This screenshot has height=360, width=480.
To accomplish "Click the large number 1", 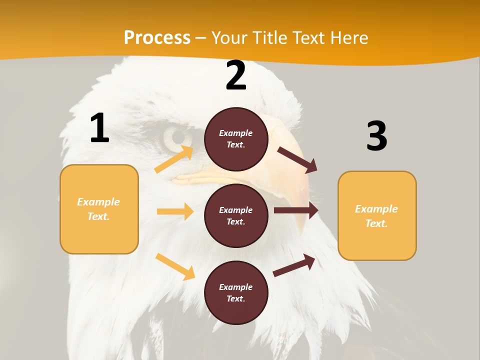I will pyautogui.click(x=99, y=128).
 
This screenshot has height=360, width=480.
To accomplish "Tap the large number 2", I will pyautogui.click(x=236, y=76).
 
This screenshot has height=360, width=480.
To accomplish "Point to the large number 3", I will pyautogui.click(x=376, y=136).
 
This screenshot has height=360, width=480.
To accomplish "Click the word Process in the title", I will pyautogui.click(x=157, y=37).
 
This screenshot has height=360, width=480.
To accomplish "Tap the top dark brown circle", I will pyautogui.click(x=236, y=139).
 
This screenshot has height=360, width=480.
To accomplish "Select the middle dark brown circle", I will pyautogui.click(x=236, y=215).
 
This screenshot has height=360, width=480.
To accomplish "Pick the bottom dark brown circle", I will pyautogui.click(x=236, y=292).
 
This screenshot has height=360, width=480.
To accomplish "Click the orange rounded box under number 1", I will pyautogui.click(x=99, y=209).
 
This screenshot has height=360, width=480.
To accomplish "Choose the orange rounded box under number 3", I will pyautogui.click(x=377, y=215).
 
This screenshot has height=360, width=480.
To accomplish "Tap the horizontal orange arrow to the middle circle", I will pyautogui.click(x=175, y=211).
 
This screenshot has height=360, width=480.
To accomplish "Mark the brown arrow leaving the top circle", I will pyautogui.click(x=297, y=159).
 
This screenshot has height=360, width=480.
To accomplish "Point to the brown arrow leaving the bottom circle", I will pyautogui.click(x=294, y=265).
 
